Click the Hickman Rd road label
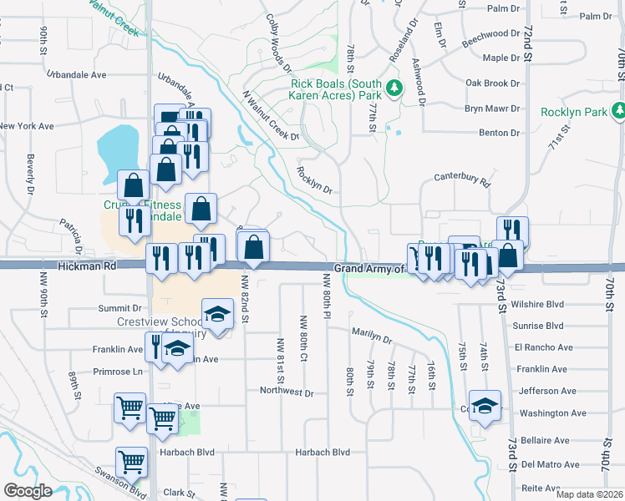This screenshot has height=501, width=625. click(86, 266)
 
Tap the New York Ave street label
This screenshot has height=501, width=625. click(27, 126)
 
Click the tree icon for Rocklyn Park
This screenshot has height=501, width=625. click(619, 110)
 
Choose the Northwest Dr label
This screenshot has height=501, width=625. click(286, 392)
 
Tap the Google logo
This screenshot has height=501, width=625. click(28, 491)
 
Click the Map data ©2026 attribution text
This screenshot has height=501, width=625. click(588, 494)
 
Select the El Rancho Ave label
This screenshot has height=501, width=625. click(543, 347)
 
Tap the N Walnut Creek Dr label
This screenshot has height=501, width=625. click(270, 114)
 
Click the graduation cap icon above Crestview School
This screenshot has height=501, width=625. click(217, 313)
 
